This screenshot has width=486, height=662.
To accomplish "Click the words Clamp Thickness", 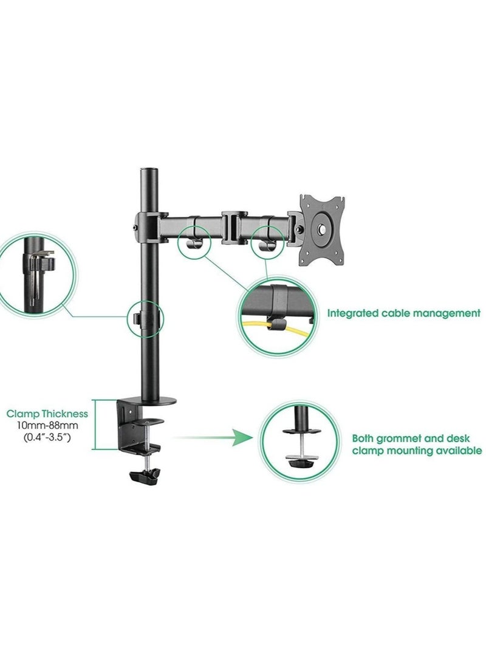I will (x=47, y=414).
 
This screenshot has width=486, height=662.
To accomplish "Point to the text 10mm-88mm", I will (x=47, y=425).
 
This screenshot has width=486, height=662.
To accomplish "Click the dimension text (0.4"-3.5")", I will (x=47, y=437).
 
